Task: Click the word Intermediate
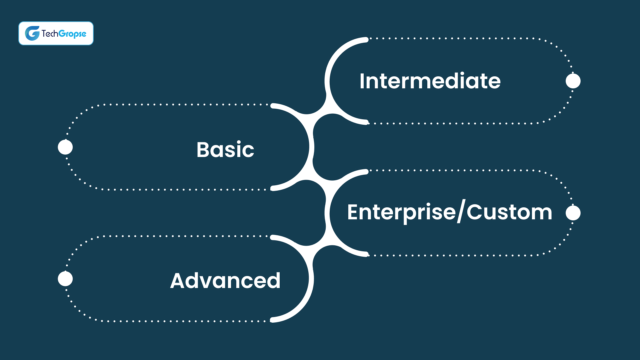[430, 81]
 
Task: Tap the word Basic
[225, 149]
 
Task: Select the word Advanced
[225, 280]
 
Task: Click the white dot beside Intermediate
[573, 81]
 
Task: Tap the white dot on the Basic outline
[65, 147]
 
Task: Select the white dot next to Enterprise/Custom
[573, 213]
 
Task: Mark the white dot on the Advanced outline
[65, 279]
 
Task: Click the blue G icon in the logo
[32, 33]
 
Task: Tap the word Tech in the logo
[50, 34]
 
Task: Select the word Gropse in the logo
[72, 34]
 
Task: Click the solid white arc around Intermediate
[327, 81]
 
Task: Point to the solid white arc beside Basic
[311, 147]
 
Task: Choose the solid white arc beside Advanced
[311, 279]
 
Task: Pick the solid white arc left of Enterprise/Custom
[327, 213]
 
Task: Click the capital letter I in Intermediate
[362, 81]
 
